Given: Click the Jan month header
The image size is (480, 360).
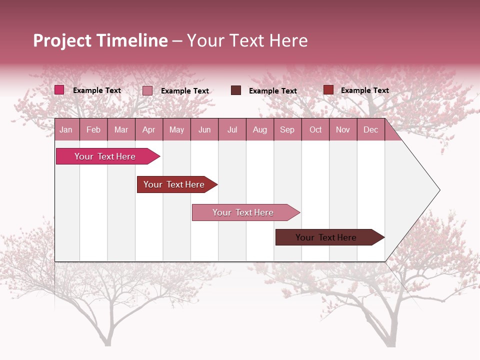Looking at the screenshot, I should pos(66,130).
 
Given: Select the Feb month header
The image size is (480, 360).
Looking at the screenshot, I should pos(93,130).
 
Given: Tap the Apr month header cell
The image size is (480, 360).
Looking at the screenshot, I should pos(148,130).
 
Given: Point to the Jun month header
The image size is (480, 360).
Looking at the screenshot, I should pos(204,130).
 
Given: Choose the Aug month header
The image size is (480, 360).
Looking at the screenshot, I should pos(259,130).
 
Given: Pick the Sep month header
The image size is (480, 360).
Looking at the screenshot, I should pos(287,130).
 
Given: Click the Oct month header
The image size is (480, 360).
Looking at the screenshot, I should pos(315,130).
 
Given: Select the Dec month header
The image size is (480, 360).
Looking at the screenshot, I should pos(370,130).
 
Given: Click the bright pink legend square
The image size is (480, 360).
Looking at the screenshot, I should pos(59,90).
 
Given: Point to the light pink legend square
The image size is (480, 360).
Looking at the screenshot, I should pos(147,90).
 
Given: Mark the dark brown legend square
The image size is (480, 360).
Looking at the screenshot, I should pos(236,90).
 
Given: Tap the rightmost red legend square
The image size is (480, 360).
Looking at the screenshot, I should pos(328,90).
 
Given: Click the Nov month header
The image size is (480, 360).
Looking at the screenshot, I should pos(343,130).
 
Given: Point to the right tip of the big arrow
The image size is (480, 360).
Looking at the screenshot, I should pos(439,189).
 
